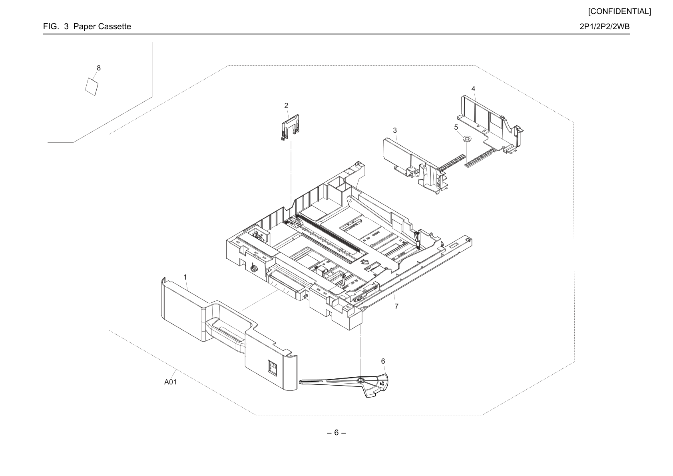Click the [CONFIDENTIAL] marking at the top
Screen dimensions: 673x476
(619, 12)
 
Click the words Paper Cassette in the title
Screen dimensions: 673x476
(102, 26)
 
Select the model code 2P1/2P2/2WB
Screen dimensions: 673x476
(605, 26)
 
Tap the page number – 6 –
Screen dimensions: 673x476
(336, 432)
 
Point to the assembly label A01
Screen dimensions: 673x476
(170, 382)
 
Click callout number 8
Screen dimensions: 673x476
(99, 68)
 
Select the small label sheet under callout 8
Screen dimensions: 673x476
(92, 87)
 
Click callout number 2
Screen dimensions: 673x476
(286, 106)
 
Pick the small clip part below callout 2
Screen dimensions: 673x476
(290, 127)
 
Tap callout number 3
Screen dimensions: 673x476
(395, 130)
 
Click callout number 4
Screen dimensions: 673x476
(473, 89)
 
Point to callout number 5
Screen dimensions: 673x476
(456, 127)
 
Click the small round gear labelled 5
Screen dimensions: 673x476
(466, 139)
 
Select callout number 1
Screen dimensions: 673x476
(185, 277)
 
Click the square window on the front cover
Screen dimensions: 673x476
(273, 367)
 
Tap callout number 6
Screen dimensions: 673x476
(383, 361)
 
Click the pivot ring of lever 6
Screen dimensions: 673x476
(360, 381)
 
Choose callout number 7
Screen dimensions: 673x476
(396, 306)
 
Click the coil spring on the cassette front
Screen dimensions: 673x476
(254, 267)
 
